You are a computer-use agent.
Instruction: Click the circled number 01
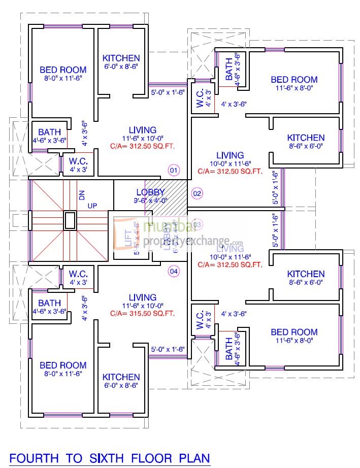pyautogui.click(x=174, y=170)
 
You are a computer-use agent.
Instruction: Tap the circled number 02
pyautogui.click(x=197, y=193)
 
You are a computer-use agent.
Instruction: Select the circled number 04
pyautogui.click(x=174, y=271)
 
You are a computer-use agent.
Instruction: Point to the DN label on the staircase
pyautogui.click(x=81, y=194)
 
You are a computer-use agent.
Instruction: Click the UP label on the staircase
pyautogui.click(x=93, y=205)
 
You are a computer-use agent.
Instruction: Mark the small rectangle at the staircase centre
pyautogui.click(x=70, y=220)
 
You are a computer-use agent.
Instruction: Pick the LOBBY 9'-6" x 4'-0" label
pyautogui.click(x=150, y=196)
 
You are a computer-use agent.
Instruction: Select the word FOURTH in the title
pyautogui.click(x=35, y=458)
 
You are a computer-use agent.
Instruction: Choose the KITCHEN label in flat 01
pyautogui.click(x=121, y=58)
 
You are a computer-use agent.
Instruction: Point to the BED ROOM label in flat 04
pyautogui.click(x=63, y=365)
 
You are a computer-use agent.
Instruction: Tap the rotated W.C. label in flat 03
pyautogui.click(x=200, y=320)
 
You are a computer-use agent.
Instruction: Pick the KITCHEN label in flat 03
pyautogui.click(x=306, y=274)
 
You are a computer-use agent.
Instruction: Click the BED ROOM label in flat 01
pyautogui.click(x=63, y=70)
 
